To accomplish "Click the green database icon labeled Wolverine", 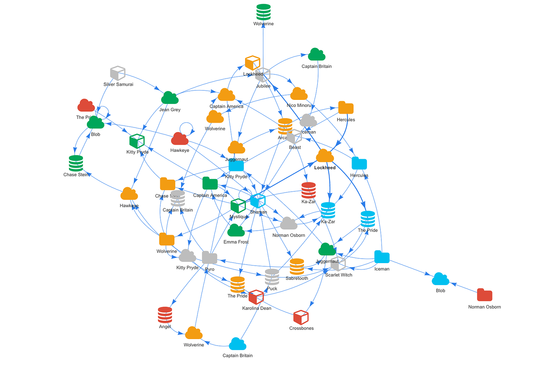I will [x=263, y=12].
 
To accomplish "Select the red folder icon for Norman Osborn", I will [x=485, y=295].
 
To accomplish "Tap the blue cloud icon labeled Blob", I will [x=440, y=279].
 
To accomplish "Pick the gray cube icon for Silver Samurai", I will [x=118, y=73].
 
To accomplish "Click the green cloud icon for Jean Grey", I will [x=170, y=98].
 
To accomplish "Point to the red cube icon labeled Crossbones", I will [x=301, y=317].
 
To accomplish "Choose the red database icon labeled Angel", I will [x=165, y=315].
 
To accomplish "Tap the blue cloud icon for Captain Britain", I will [x=237, y=344].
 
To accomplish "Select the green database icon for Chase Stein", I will [x=76, y=163].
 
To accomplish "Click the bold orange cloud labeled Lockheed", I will [x=325, y=156].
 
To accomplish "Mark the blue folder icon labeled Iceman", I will [x=381, y=257].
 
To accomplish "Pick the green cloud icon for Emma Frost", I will [x=236, y=230].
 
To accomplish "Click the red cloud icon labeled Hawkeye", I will [x=179, y=139].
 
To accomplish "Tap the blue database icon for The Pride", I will [x=368, y=219].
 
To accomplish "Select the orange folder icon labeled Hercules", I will [x=346, y=108].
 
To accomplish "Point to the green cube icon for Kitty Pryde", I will [x=137, y=141].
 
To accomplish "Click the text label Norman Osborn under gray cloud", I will [x=289, y=235].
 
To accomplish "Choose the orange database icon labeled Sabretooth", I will [x=297, y=267].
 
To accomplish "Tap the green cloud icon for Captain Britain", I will [x=317, y=54].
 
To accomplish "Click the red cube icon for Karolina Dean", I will [x=256, y=297].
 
